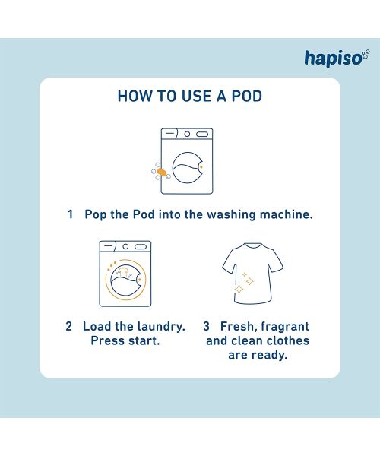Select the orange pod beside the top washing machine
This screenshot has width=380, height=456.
pyautogui.click(x=161, y=173)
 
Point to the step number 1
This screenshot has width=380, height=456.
pyautogui.click(x=70, y=215)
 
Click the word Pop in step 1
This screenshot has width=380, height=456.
pyautogui.click(x=97, y=215)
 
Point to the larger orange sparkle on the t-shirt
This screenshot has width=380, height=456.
pyautogui.click(x=240, y=290)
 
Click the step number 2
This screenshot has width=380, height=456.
pyautogui.click(x=69, y=327)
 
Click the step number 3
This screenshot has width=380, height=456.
pyautogui.click(x=206, y=327)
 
